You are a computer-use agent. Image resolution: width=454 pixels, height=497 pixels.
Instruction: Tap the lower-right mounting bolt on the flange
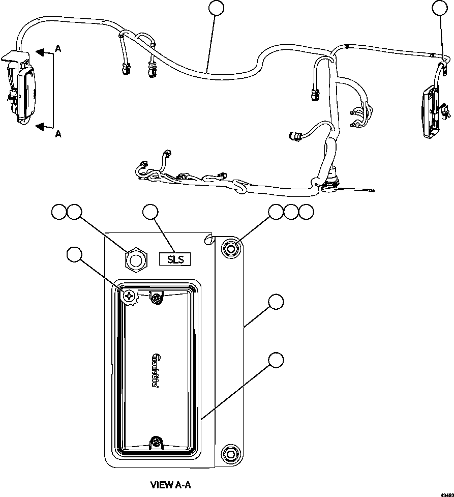coord(231,453)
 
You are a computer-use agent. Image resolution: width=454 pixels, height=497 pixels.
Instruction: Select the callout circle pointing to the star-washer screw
coord(75,254)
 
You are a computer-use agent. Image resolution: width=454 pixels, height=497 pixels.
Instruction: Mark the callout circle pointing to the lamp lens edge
coord(276,360)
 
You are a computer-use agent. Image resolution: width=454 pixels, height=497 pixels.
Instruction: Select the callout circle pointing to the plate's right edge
coord(276,301)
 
